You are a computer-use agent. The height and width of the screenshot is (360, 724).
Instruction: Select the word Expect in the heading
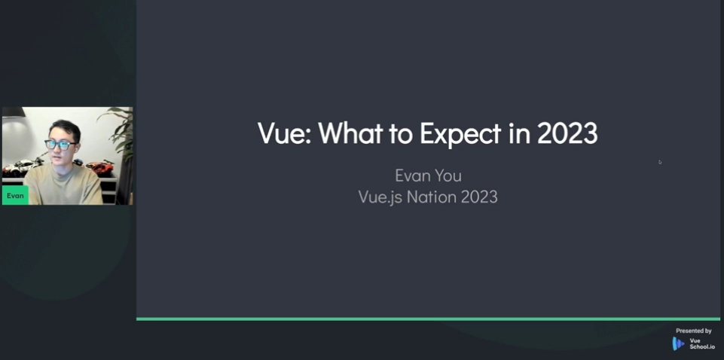(460, 134)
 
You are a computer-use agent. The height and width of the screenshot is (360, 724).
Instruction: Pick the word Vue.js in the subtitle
(379, 197)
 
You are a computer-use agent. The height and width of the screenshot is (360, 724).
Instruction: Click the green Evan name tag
(15, 196)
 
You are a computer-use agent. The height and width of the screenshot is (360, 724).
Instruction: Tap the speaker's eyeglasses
(61, 145)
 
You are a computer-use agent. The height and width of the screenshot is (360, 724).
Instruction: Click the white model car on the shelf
(21, 166)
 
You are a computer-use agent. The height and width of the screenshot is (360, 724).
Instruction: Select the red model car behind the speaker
(99, 166)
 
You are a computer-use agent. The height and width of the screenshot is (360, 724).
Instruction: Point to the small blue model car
(78, 162)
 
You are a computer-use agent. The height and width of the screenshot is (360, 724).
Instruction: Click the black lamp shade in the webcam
(14, 111)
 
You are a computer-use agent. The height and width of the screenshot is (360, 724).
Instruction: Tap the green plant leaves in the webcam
(119, 130)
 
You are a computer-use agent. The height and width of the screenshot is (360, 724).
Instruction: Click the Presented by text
(694, 331)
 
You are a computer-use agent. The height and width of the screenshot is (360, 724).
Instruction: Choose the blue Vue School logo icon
(678, 343)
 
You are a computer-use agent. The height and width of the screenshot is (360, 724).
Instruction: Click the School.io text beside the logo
(701, 346)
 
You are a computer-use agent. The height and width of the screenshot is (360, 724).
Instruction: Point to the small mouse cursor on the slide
(660, 162)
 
